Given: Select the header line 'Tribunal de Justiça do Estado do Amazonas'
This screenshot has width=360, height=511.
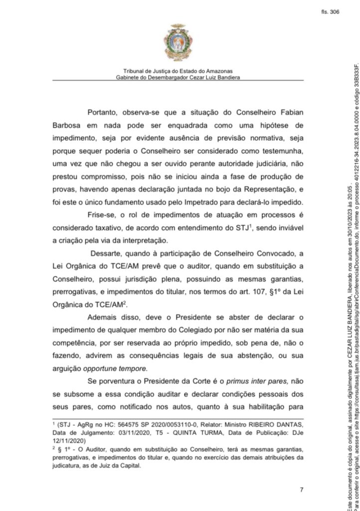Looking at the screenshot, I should click(178, 71).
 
